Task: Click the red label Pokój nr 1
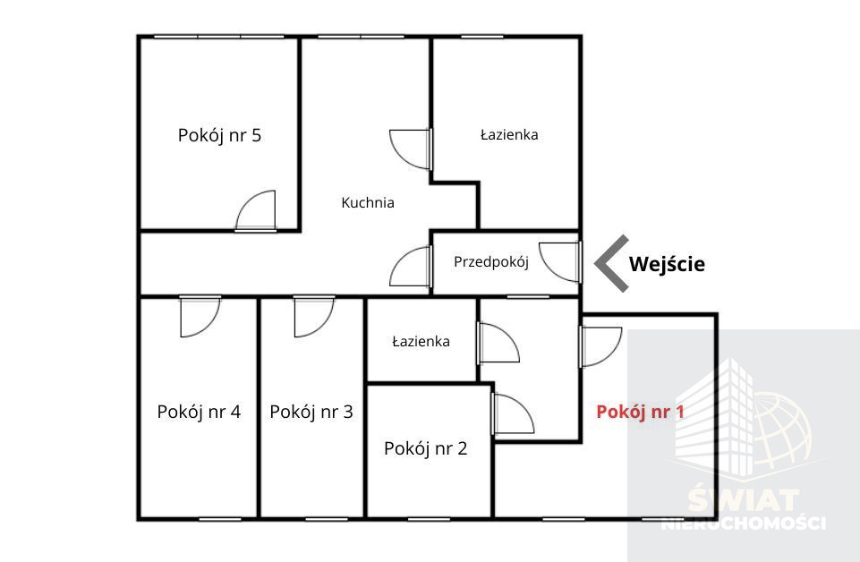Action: point(640,412)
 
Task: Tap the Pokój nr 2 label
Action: point(426,448)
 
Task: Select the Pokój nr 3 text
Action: point(311,412)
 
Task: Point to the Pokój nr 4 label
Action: point(199,412)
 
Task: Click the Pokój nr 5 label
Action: point(219,135)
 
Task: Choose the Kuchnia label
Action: point(368,203)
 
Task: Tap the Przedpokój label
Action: point(491,262)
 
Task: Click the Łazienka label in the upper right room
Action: point(509,135)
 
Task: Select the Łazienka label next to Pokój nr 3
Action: point(421,342)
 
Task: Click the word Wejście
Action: point(667,264)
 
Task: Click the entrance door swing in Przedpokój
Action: point(560,262)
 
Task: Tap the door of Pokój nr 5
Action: point(256,211)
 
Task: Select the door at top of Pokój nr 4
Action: point(200,317)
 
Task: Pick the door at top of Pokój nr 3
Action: point(314,317)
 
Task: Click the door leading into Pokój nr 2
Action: point(514,414)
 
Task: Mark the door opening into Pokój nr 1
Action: point(600,346)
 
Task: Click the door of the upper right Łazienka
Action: point(410,149)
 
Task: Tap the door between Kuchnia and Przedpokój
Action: point(410,267)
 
